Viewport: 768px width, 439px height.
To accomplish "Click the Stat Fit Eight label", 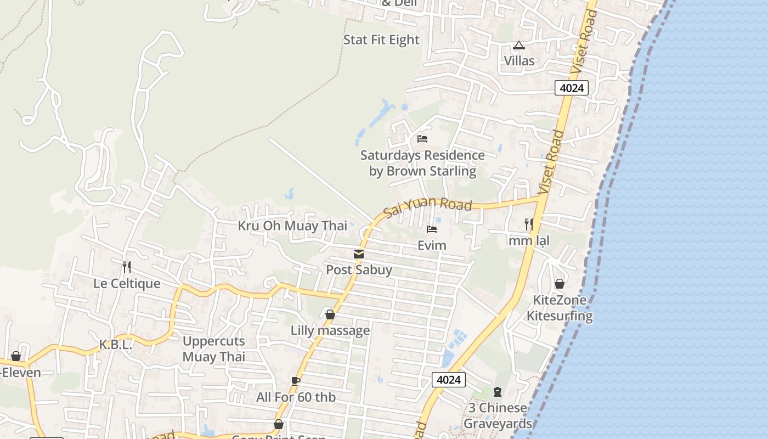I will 381,40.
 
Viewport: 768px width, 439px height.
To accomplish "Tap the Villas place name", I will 519,60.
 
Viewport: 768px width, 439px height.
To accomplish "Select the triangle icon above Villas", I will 519,45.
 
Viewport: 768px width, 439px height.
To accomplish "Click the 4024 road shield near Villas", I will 571,88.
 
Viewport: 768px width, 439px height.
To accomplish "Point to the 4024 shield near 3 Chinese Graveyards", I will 448,379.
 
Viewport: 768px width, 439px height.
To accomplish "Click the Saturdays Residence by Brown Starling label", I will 422,163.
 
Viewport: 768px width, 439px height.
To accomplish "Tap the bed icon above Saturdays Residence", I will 422,138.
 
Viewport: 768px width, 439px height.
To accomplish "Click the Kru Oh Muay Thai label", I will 292,226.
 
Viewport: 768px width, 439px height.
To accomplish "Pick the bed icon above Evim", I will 432,229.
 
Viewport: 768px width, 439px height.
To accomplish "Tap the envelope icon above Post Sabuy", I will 359,254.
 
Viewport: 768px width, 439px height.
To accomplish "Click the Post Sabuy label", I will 359,269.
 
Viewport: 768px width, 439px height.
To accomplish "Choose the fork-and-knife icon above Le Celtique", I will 127,267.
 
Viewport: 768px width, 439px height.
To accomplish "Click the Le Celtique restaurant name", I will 127,283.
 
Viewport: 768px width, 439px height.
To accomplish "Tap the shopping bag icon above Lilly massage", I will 330,314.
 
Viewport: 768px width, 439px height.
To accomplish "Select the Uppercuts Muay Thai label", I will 214,348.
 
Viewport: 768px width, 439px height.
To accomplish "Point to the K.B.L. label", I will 116,345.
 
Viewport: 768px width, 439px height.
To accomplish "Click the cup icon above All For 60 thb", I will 296,381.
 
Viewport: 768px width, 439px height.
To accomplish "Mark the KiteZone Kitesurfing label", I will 560,308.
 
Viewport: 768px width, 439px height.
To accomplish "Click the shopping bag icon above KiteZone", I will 560,284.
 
